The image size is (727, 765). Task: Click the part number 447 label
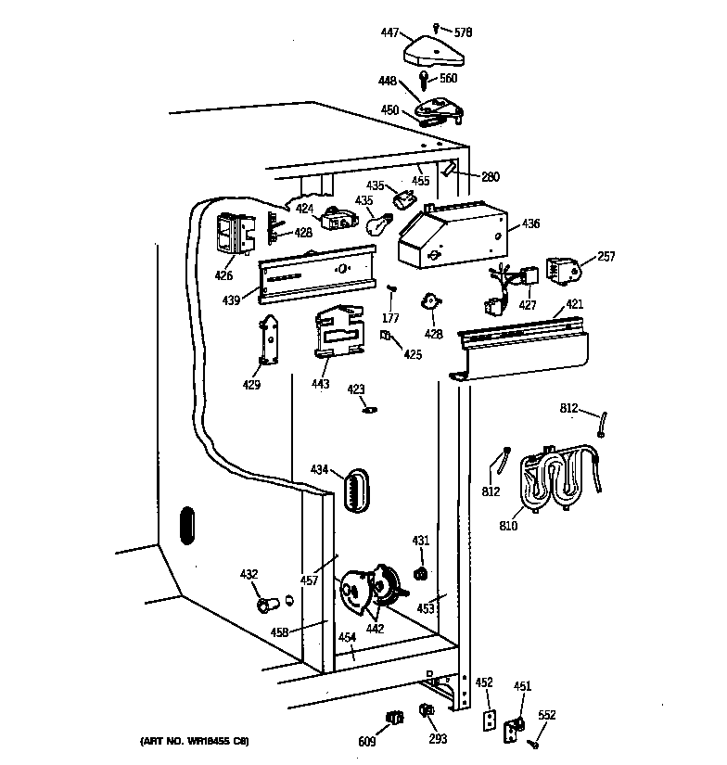tap(389, 32)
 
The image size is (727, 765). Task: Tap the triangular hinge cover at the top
tap(434, 51)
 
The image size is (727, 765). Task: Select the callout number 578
tap(463, 32)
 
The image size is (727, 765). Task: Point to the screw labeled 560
tap(424, 80)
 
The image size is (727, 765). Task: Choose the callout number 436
tap(530, 223)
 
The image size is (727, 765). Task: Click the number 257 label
tap(606, 256)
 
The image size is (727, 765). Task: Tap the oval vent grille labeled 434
tap(357, 491)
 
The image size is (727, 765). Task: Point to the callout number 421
tap(574, 304)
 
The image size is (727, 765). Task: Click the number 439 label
tap(231, 300)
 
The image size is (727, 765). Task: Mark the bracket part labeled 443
tap(339, 331)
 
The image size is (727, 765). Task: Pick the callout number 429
tap(251, 385)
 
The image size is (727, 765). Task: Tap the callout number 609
tap(367, 742)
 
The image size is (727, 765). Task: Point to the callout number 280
tap(491, 176)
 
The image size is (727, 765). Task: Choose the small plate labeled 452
tap(490, 720)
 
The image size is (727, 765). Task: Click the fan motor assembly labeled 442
tap(372, 592)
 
